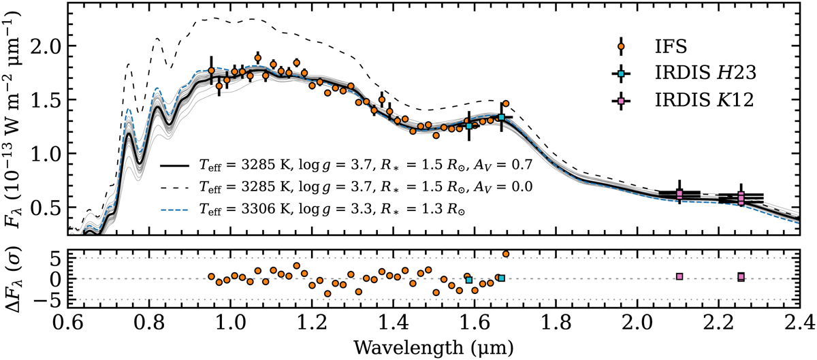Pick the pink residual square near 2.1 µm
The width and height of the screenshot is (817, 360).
(x=679, y=276)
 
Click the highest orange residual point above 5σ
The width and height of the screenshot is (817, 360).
(x=506, y=254)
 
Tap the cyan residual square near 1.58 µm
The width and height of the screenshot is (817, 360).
(x=468, y=280)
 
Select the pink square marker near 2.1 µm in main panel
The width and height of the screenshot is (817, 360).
(x=679, y=195)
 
